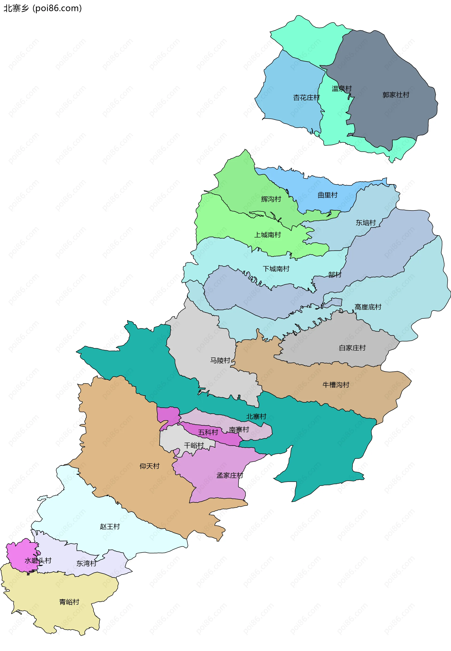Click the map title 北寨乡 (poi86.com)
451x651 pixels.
[x=42, y=8]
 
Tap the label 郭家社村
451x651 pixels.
[x=396, y=95]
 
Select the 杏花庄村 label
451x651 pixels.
[x=306, y=98]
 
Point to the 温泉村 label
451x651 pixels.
[x=341, y=89]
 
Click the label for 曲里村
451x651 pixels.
[x=327, y=195]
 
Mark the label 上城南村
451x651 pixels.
[x=267, y=235]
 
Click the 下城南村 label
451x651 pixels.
[x=276, y=269]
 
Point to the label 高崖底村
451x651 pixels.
[x=368, y=307]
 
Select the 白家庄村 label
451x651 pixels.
[x=352, y=348]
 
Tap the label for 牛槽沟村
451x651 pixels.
[x=336, y=385]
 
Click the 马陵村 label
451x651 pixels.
[x=220, y=360]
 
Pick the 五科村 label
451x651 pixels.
[x=208, y=432]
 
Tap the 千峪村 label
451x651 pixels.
[x=194, y=445]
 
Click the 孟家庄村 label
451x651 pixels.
[x=229, y=475]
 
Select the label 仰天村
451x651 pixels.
[x=149, y=466]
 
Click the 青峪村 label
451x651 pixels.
[x=69, y=602]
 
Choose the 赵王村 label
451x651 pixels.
[x=110, y=526]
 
